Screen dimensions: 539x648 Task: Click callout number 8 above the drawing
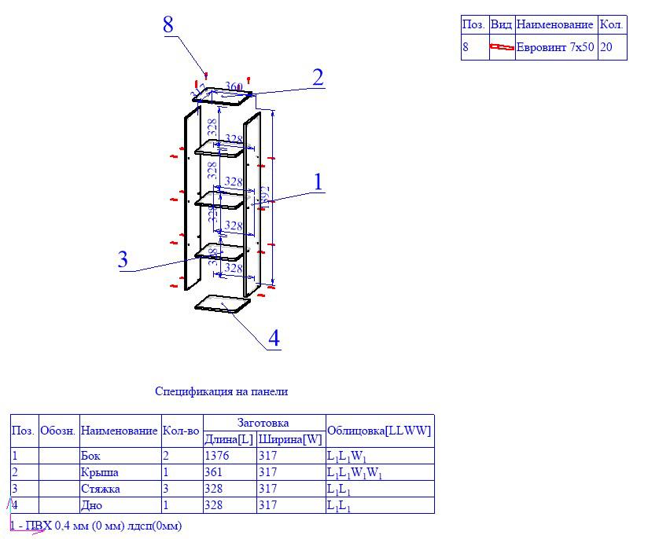point(168,24)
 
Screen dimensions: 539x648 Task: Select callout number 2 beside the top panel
point(318,78)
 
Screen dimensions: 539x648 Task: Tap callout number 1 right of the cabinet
point(318,182)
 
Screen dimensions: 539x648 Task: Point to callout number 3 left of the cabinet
point(123,260)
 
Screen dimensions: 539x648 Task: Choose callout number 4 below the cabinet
point(274,339)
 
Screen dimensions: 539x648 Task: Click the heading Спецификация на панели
point(221,390)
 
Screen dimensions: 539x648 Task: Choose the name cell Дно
point(91,505)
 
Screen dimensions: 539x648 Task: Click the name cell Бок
point(90,456)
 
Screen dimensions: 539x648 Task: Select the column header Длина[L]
point(229,438)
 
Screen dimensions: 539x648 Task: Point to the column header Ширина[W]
point(290,438)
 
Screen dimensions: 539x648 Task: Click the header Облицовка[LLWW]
point(379,431)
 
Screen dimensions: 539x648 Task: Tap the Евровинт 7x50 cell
point(555,47)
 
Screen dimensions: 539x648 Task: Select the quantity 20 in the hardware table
point(606,47)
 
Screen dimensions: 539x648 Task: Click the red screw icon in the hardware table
point(501,47)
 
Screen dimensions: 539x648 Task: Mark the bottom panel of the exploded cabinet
point(223,304)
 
